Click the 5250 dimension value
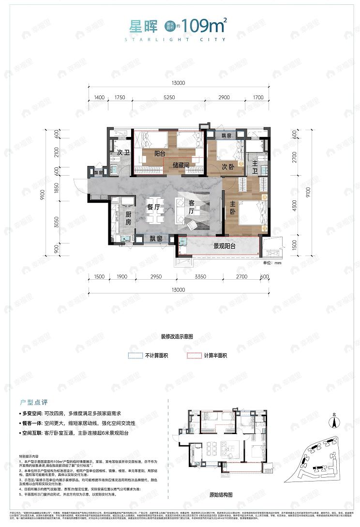pyautogui.click(x=168, y=98)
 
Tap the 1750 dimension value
pyautogui.click(x=120, y=98)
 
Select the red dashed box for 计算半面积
pyautogui.click(x=194, y=356)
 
